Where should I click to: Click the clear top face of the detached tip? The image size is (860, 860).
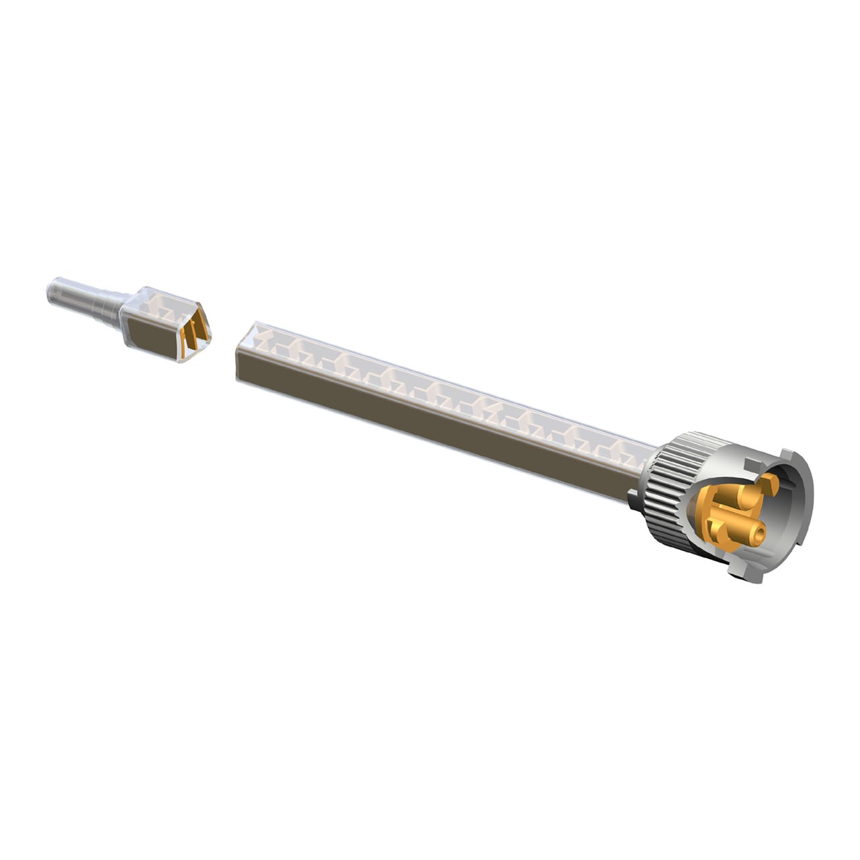pos(165,305)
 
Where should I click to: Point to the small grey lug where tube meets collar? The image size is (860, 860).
pos(634,498)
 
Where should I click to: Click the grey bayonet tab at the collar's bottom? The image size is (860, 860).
pos(749,571)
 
